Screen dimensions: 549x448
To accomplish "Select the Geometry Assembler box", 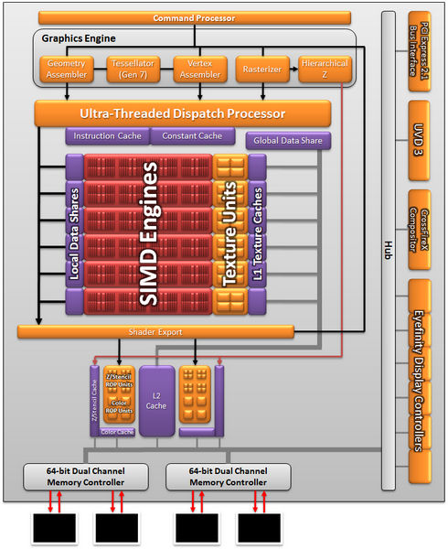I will pyautogui.click(x=67, y=70).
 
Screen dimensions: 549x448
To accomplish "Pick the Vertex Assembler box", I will pyautogui.click(x=199, y=70).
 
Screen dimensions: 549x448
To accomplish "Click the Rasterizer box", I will pyautogui.click(x=261, y=70).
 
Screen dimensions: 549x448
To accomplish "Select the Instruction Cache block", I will pyautogui.click(x=107, y=136).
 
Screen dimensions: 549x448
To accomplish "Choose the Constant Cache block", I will pyautogui.click(x=193, y=136).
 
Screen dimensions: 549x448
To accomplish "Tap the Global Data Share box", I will pyautogui.click(x=288, y=141).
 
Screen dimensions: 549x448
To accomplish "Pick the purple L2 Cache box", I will pyautogui.click(x=156, y=399).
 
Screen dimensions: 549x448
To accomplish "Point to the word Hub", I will pyautogui.click(x=388, y=247).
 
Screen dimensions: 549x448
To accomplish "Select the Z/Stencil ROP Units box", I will pyautogui.click(x=118, y=382).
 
